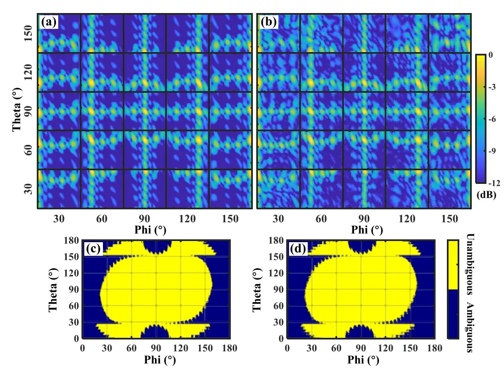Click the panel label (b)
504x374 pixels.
coord(268,22)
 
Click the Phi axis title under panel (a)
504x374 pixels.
coord(144,230)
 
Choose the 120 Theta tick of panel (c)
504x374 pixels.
coord(71,273)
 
